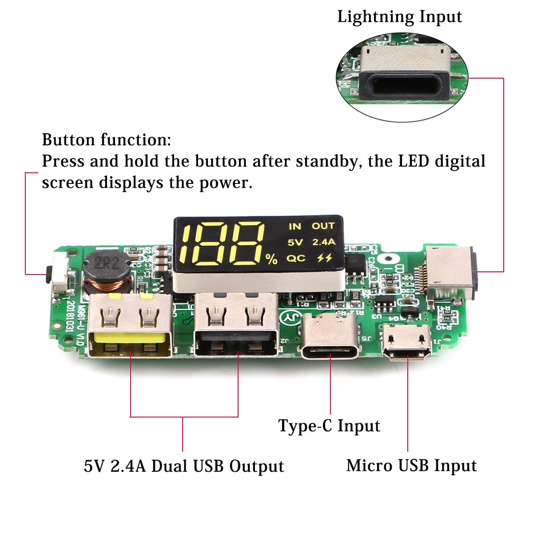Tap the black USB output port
pyautogui.click(x=235, y=326)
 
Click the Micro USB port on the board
pyautogui.click(x=407, y=342)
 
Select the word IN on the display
pyautogui.click(x=294, y=227)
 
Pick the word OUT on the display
pyautogui.click(x=323, y=226)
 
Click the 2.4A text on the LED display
pyautogui.click(x=323, y=242)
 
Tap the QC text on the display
pyautogui.click(x=295, y=258)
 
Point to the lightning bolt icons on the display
pyautogui.click(x=324, y=258)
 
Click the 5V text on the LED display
pyautogui.click(x=295, y=242)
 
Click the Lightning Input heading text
pyautogui.click(x=399, y=17)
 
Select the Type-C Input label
pyautogui.click(x=329, y=426)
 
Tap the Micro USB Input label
pyautogui.click(x=411, y=465)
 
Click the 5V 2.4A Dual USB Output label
pyautogui.click(x=184, y=466)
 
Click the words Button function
pyautogui.click(x=106, y=140)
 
